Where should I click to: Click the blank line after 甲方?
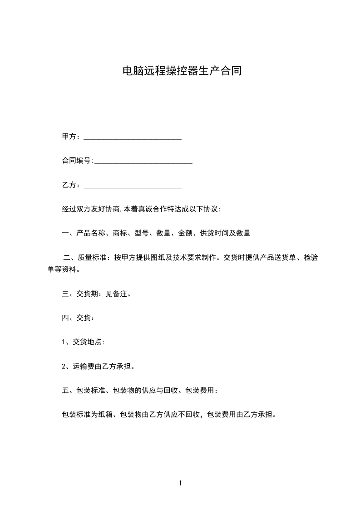(x=133, y=137)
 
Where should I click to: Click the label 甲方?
(x=69, y=137)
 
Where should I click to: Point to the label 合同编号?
(x=76, y=161)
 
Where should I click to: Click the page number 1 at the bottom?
(x=180, y=483)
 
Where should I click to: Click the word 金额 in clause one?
(x=186, y=233)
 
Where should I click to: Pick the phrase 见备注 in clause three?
(x=116, y=294)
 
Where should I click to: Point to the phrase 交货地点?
(x=88, y=342)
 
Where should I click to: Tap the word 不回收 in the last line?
(x=190, y=414)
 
